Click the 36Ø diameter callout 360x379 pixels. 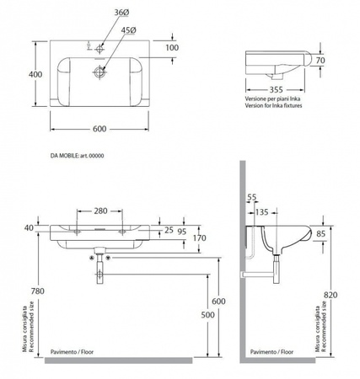coord(121,13)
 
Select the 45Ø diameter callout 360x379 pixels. coord(129,30)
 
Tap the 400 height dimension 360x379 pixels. coord(35,74)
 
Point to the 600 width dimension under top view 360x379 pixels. coord(99,129)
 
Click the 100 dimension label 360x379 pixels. coord(172,48)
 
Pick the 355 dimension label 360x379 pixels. coord(276,90)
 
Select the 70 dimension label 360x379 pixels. coord(320,61)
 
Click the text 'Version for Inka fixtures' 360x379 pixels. coord(273,105)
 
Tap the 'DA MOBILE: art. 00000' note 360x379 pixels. coord(77,156)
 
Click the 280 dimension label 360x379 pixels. coord(100,211)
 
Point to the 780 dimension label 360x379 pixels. coord(38,291)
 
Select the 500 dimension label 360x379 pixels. coord(207,315)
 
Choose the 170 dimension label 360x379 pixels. coord(199,238)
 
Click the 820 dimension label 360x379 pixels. coord(330,295)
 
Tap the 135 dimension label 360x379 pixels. coord(262,212)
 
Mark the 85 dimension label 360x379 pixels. coord(320,233)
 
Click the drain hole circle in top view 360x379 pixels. coord(99,72)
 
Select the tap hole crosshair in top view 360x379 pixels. coord(99,49)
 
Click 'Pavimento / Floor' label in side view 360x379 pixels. coord(271,351)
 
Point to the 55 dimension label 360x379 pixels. coord(252,197)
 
